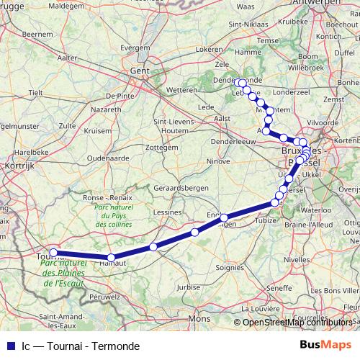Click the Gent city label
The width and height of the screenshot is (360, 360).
coord(140,71)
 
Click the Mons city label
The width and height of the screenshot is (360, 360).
coord(199,318)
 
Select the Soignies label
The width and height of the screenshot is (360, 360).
coord(230,268)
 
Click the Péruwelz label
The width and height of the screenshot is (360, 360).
coord(104,296)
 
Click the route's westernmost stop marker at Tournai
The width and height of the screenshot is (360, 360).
coord(53,253)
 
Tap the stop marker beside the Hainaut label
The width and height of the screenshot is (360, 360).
coord(111,257)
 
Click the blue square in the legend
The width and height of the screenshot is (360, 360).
coord(9,346)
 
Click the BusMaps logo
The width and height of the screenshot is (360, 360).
coord(326,346)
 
